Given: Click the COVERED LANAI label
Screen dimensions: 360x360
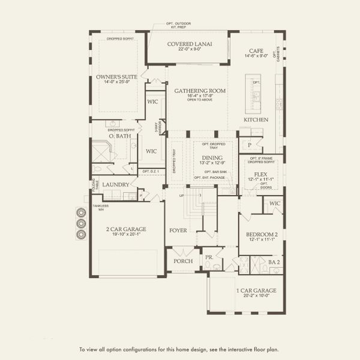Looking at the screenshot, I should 187,44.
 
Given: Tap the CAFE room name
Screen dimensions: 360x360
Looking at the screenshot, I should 256,50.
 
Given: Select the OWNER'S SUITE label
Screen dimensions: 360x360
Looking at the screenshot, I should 117,77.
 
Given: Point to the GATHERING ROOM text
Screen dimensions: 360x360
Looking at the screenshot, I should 200,91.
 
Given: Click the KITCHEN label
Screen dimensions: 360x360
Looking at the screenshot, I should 256,120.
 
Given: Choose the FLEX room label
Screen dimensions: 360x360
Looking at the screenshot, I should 260,173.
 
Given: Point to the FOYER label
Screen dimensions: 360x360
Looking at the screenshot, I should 178,230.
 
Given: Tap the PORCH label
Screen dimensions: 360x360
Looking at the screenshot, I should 183,261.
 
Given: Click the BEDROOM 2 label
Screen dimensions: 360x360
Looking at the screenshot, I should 260,234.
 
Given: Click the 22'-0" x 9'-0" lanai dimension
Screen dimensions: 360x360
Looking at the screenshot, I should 187,49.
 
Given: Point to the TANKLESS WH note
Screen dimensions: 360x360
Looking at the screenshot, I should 100,207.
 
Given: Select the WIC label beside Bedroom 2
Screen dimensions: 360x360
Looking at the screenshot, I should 274,203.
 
